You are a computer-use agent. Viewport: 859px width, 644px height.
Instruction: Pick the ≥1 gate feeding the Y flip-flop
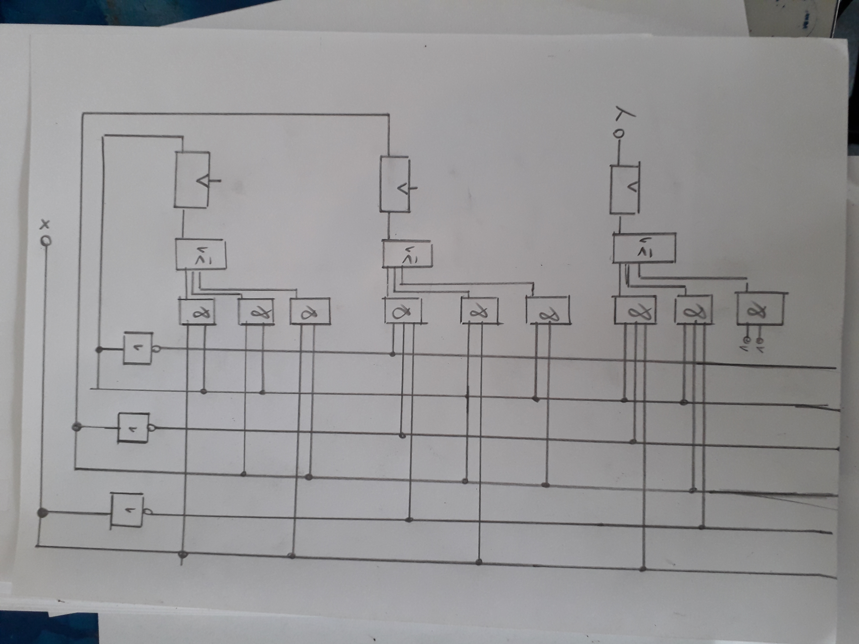point(644,248)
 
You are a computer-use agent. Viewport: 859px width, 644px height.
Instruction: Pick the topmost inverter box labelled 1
point(138,348)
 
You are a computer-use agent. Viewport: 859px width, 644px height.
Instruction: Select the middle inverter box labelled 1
point(133,428)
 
